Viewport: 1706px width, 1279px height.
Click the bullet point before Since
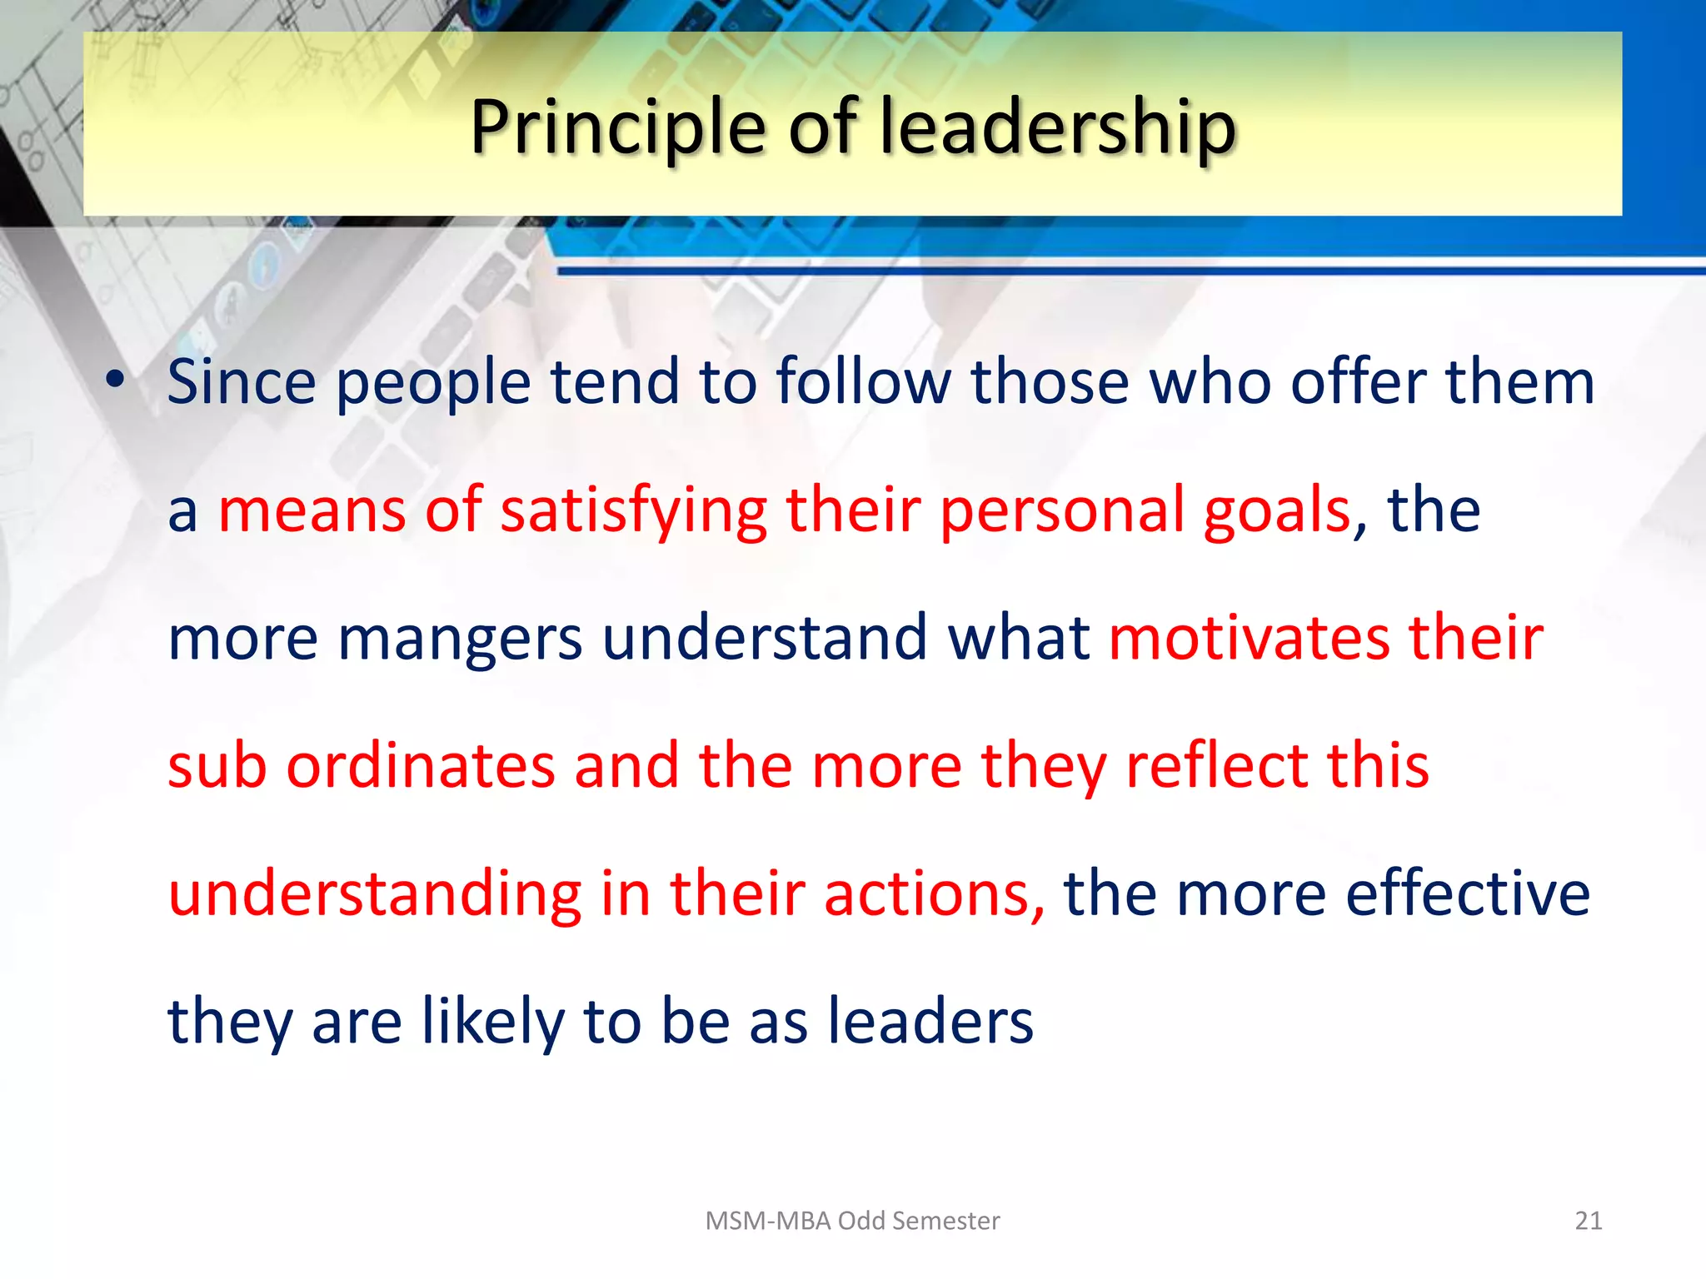point(115,380)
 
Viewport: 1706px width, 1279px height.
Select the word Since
point(242,381)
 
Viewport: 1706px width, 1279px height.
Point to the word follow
point(863,381)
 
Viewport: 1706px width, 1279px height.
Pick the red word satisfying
point(633,510)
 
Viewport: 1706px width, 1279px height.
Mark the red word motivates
point(1250,638)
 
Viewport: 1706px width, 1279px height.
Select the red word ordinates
point(421,766)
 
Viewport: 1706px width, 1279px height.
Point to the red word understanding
point(375,894)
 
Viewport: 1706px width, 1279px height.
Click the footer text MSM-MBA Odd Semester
point(852,1221)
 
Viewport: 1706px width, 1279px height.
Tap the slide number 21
point(1589,1221)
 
